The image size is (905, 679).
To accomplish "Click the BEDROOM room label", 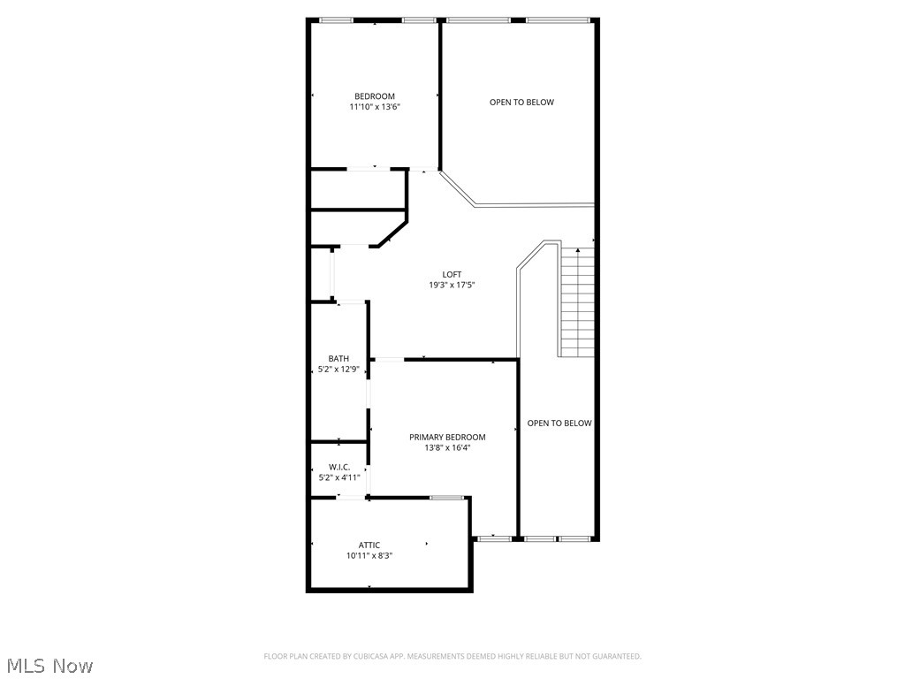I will click(375, 96).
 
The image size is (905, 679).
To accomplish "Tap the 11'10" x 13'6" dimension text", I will click(375, 107).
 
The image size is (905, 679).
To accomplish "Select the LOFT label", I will click(452, 274).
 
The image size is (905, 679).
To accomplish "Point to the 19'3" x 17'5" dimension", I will click(452, 285).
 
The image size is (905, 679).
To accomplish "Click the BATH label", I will click(338, 358).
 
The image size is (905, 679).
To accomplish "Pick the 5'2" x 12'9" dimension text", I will click(338, 370).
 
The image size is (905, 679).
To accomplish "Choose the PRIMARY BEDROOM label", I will click(447, 437).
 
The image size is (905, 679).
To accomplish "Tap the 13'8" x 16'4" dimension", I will click(447, 447).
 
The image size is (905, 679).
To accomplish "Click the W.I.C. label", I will click(339, 467).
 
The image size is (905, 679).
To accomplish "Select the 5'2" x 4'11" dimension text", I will click(339, 477).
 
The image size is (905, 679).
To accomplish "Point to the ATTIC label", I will click(369, 545).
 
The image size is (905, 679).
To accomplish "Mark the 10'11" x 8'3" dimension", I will click(369, 556).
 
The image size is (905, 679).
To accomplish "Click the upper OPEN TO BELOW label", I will click(521, 102).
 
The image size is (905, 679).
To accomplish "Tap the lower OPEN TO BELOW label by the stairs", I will click(559, 423).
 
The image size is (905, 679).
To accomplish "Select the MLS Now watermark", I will click(49, 665).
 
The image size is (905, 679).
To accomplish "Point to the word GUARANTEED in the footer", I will click(619, 656).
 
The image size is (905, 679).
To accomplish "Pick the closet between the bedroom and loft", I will click(357, 188).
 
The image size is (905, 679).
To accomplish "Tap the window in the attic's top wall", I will click(446, 498).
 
